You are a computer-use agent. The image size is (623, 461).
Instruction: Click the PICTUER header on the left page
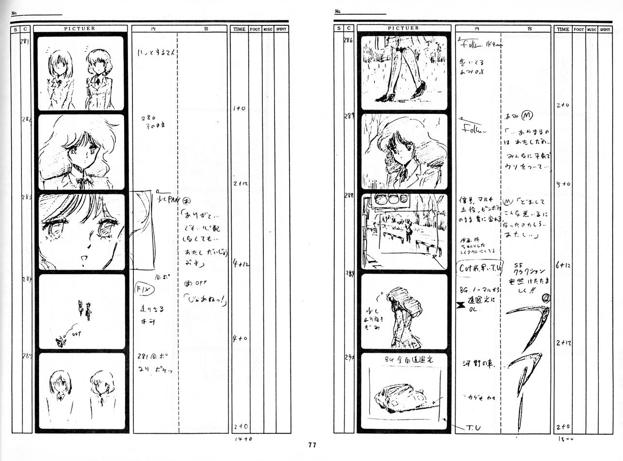coord(79,29)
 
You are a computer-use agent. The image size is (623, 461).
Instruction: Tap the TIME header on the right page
coord(563,29)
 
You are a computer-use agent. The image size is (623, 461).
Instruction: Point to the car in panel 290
coord(399,399)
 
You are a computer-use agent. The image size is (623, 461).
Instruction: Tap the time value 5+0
coord(563,184)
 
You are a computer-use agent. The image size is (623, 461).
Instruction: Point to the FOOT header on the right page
coord(579,29)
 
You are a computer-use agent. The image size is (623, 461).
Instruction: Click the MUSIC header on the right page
coord(592,29)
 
